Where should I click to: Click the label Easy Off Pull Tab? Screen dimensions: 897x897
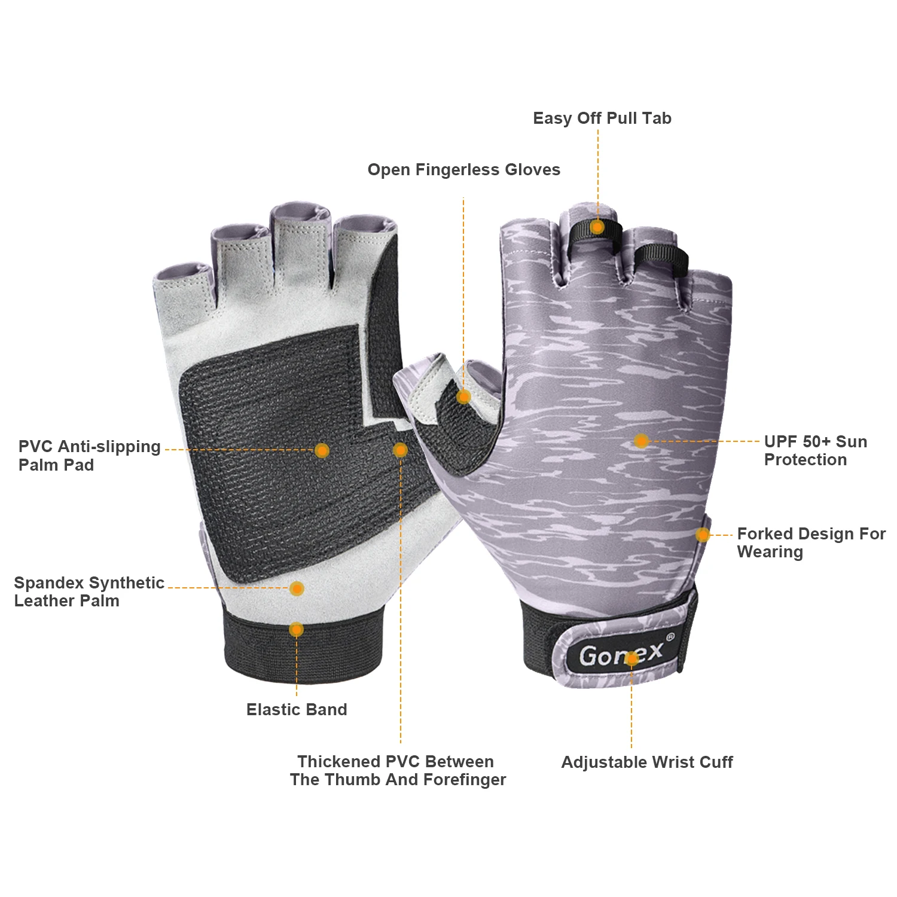pos(602,118)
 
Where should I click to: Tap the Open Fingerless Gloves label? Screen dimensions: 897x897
pos(463,170)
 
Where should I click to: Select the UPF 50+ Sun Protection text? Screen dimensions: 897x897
pos(815,450)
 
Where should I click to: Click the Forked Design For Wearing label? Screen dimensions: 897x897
pos(810,542)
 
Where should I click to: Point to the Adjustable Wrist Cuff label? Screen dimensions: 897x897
pos(646,762)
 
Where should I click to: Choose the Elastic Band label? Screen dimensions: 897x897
pos(297,709)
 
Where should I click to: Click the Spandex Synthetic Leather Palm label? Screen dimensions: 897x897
pos(89,591)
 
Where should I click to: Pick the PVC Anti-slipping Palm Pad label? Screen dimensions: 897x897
pos(89,455)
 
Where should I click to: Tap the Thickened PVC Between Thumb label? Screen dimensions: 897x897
pos(398,770)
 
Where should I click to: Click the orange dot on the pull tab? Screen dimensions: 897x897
pos(597,227)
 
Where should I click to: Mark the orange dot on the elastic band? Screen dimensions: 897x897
pos(296,629)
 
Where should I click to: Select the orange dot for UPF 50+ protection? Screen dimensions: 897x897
pos(641,441)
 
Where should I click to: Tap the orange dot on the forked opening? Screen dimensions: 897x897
pos(703,535)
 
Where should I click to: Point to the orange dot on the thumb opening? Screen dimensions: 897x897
pos(463,396)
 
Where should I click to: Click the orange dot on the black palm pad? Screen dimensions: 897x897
pos(322,450)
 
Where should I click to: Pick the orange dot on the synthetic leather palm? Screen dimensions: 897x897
pos(297,588)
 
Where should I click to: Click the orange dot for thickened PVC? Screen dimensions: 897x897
pos(400,450)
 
